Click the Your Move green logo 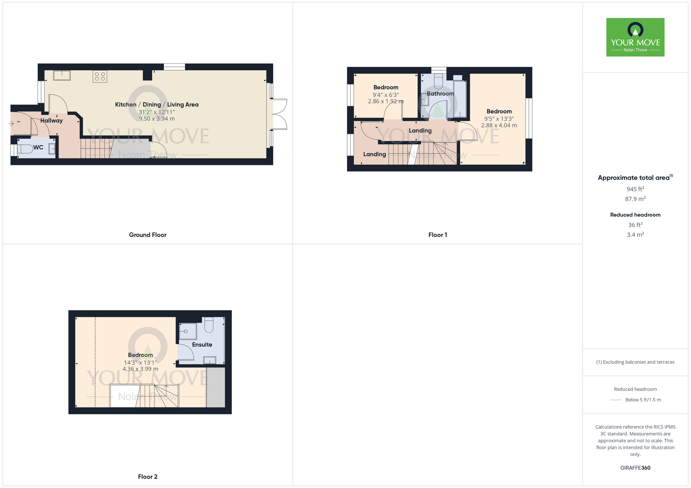point(635,37)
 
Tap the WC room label point(38,147)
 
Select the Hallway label point(51,120)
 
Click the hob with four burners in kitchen point(100,76)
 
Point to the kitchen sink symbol point(62,75)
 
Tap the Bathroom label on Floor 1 point(440,94)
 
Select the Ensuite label point(202,344)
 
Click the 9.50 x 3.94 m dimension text point(157,119)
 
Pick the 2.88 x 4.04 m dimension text point(499,125)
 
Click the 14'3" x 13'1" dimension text point(140,362)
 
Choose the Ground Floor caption point(148,235)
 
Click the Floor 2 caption point(148,477)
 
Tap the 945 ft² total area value point(635,189)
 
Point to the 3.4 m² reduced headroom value point(635,235)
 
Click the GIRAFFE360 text point(635,468)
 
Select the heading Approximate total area point(634,178)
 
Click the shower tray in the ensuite point(188,331)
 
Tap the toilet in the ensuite point(209,325)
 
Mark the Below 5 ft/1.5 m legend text point(643,400)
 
